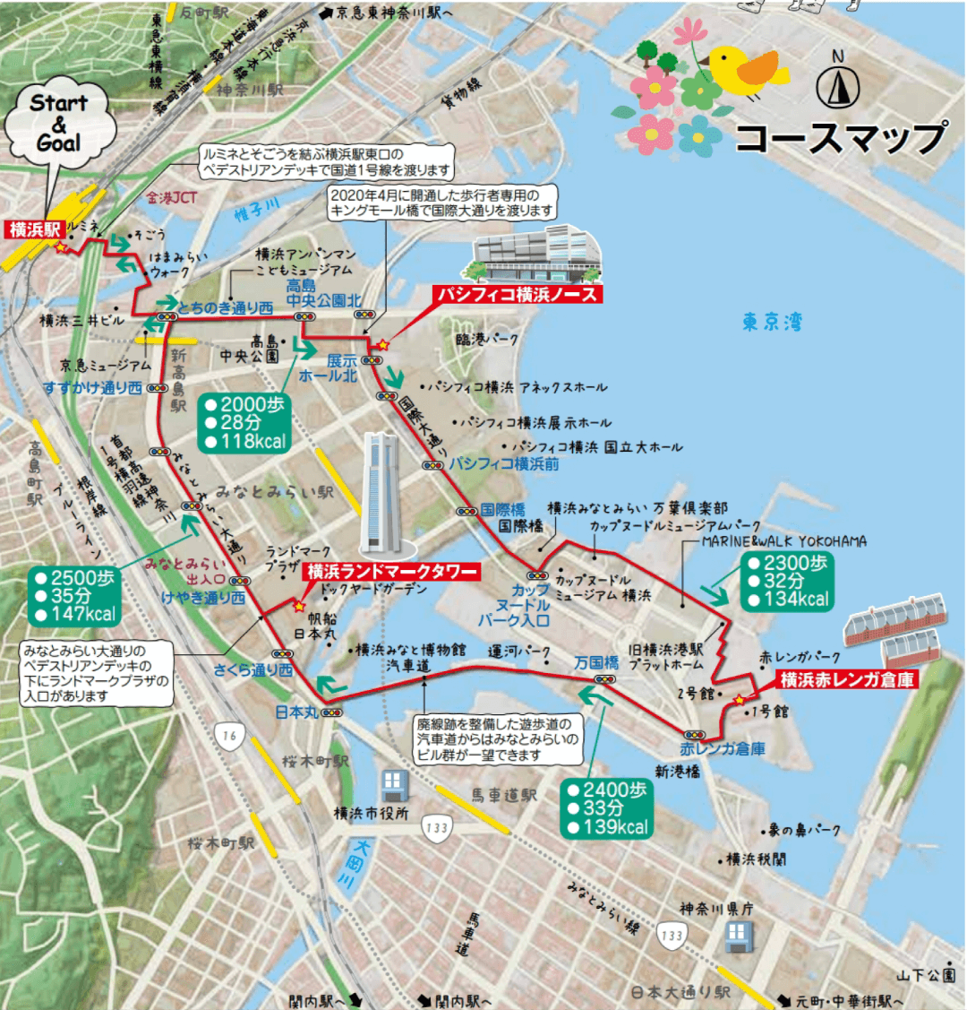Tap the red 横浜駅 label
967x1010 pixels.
click(x=34, y=229)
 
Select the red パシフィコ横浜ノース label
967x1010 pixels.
click(x=516, y=294)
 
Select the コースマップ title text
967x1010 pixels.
click(x=840, y=137)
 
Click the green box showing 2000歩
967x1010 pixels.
click(x=244, y=422)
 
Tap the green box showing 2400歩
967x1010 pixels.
click(x=607, y=807)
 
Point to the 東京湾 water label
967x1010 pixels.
click(x=772, y=323)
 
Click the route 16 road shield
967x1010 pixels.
click(x=230, y=736)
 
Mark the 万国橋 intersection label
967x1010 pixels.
click(x=596, y=662)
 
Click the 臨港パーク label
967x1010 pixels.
click(x=487, y=340)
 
